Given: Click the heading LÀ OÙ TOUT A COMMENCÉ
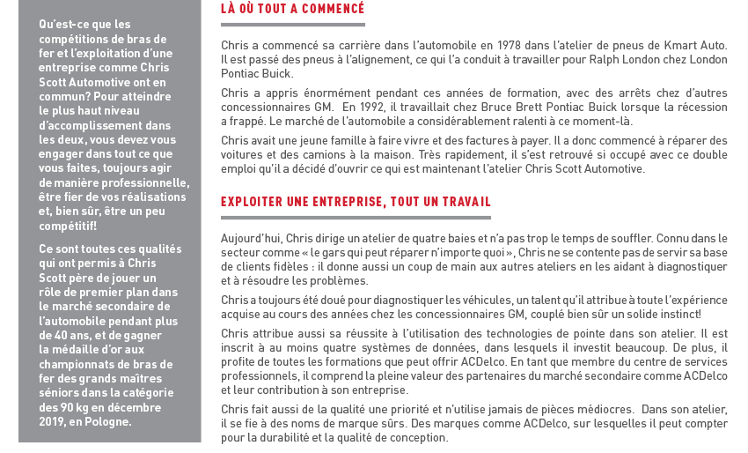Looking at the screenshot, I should [292, 10].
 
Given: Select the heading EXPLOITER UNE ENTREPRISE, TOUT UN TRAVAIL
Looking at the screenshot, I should [356, 202].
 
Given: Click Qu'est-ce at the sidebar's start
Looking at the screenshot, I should [60, 24].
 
